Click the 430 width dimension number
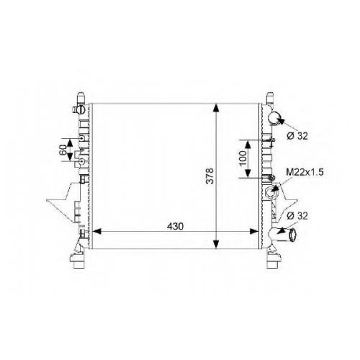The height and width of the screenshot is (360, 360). click(x=175, y=226)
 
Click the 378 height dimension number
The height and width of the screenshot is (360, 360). click(x=210, y=176)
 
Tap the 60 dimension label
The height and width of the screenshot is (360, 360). click(x=63, y=150)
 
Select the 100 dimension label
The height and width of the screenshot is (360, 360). click(x=243, y=158)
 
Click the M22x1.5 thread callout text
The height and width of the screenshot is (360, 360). click(x=305, y=172)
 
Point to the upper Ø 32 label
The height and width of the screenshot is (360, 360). click(x=297, y=136)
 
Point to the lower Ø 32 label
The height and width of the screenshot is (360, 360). click(x=297, y=216)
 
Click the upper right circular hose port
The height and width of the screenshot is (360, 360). click(x=274, y=118)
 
